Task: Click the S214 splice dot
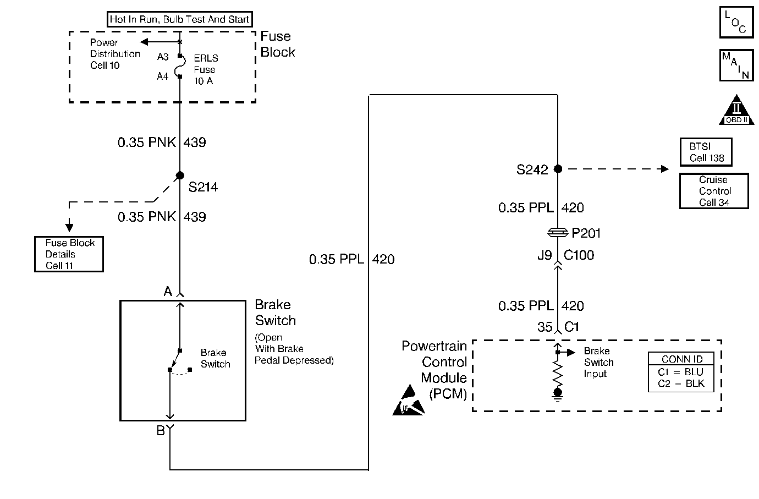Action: [x=180, y=176]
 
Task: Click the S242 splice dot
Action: [x=558, y=168]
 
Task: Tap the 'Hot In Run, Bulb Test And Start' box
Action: [x=180, y=19]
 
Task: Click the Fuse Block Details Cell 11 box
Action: [x=69, y=254]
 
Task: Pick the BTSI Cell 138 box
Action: [x=706, y=152]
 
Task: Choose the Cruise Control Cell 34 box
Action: [x=714, y=191]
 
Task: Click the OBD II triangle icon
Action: [x=736, y=110]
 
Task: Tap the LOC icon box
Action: [x=736, y=22]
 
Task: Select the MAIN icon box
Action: [x=736, y=65]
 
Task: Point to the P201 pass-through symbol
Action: [x=558, y=233]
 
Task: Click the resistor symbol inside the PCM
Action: [x=558, y=374]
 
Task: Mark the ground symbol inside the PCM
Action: [x=558, y=395]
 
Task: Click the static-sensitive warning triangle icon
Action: [x=409, y=401]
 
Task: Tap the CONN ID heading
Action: [x=682, y=359]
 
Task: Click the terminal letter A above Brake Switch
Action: [x=168, y=291]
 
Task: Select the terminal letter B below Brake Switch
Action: [x=161, y=431]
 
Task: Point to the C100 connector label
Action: [x=579, y=255]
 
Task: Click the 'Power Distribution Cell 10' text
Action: [x=115, y=54]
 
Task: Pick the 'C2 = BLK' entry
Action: [x=681, y=383]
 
